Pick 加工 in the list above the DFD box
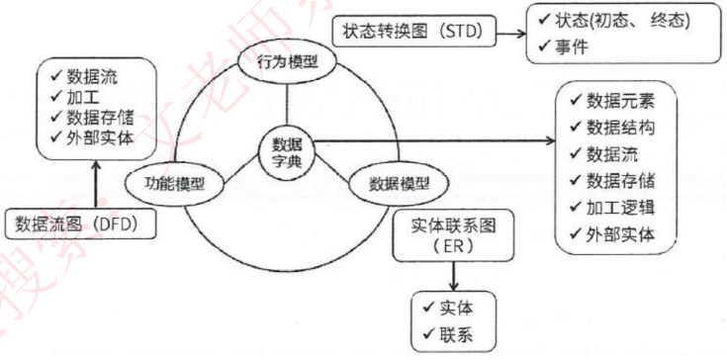[83, 97]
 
